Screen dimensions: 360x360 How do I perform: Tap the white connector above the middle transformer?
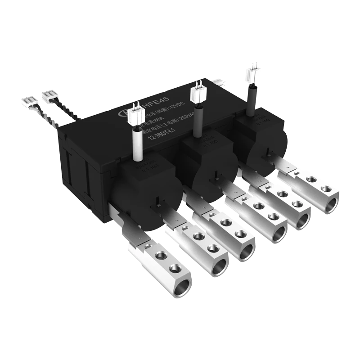click(198, 93)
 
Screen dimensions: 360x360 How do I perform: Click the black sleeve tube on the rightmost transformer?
click(250, 97)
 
